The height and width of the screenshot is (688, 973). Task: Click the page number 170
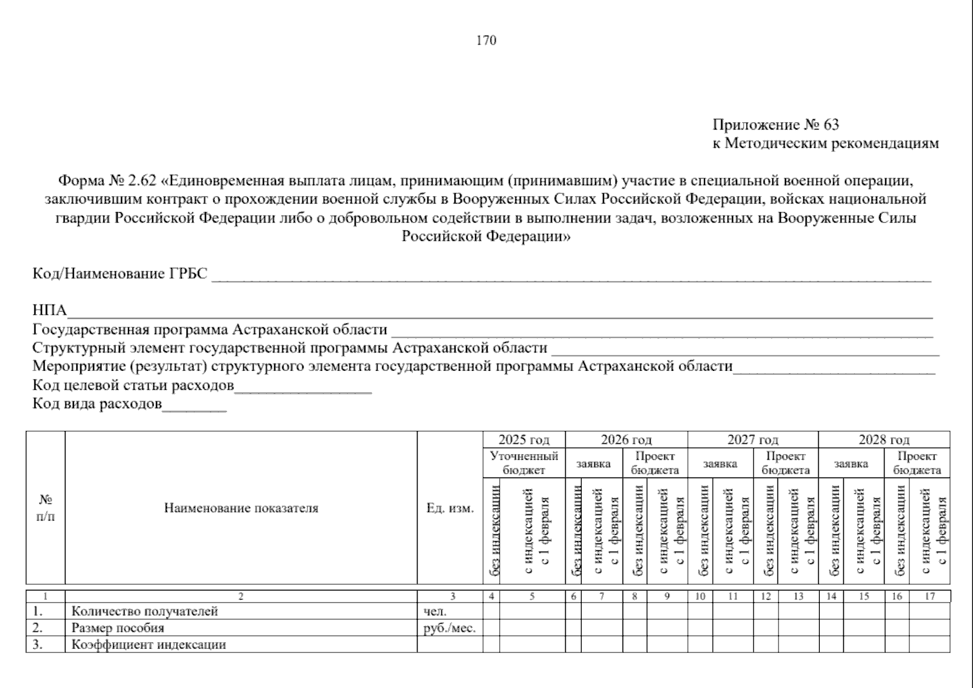coord(486,40)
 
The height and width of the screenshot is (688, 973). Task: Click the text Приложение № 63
coord(775,125)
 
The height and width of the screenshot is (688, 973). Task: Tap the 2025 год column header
coord(524,440)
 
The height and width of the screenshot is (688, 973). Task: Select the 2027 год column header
coord(753,440)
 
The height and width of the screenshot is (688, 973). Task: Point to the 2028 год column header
coord(884,440)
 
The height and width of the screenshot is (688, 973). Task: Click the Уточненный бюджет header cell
coord(524,463)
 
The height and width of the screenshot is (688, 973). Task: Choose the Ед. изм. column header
coord(450,508)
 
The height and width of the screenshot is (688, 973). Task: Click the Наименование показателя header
coord(241,508)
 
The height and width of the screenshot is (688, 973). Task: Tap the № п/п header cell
coord(45,508)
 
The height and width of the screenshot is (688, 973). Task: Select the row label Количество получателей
coord(145,611)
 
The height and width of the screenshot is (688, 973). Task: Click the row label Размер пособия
coord(118,628)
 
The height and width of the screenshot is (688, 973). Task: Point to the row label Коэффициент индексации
coord(148,644)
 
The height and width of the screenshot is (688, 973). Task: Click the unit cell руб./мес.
coord(449,628)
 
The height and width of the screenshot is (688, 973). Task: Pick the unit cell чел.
coord(435,611)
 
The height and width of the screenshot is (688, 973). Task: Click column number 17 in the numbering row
coord(929,596)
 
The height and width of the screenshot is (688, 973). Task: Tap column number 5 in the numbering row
coord(532,596)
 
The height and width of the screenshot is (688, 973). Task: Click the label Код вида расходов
coord(97,404)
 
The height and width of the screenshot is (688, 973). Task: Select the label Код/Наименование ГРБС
coord(119,274)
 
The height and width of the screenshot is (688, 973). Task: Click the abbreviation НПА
coord(49,311)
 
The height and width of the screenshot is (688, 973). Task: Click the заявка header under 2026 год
coord(593,463)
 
